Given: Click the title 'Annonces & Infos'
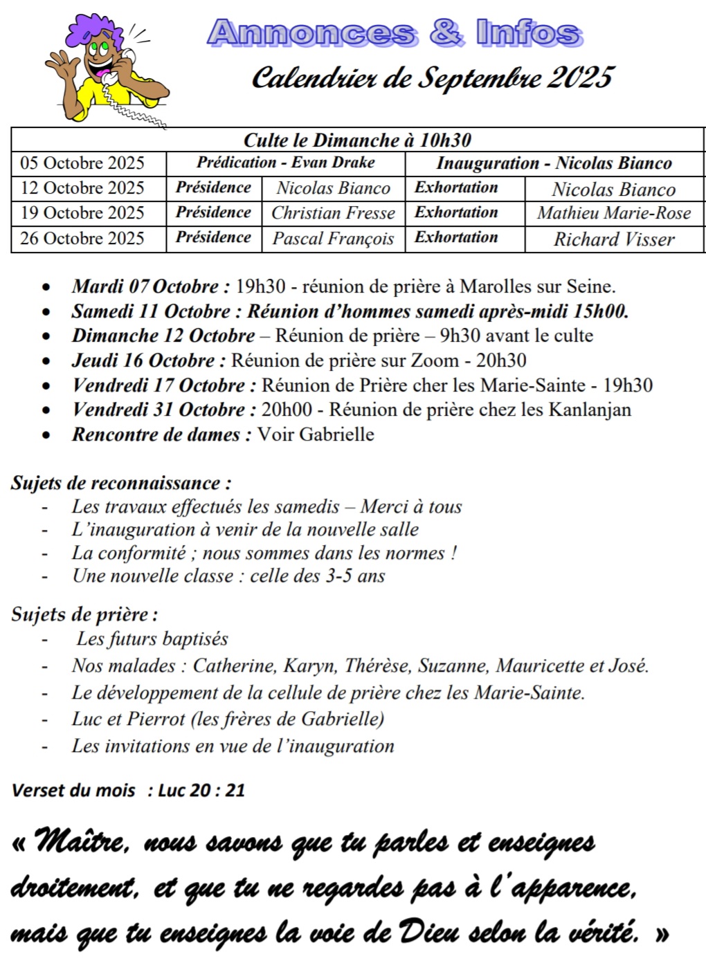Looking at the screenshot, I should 394,33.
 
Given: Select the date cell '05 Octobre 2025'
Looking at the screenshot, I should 82,163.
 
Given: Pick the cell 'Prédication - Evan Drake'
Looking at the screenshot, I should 285,163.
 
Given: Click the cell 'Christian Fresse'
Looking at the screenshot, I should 333,213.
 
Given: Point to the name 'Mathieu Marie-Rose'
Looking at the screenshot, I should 613,213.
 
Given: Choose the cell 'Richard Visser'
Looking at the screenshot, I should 613,239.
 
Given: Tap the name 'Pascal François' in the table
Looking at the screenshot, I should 333,239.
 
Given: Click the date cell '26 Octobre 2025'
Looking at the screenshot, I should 82,239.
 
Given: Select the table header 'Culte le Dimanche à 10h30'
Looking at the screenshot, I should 357,140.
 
